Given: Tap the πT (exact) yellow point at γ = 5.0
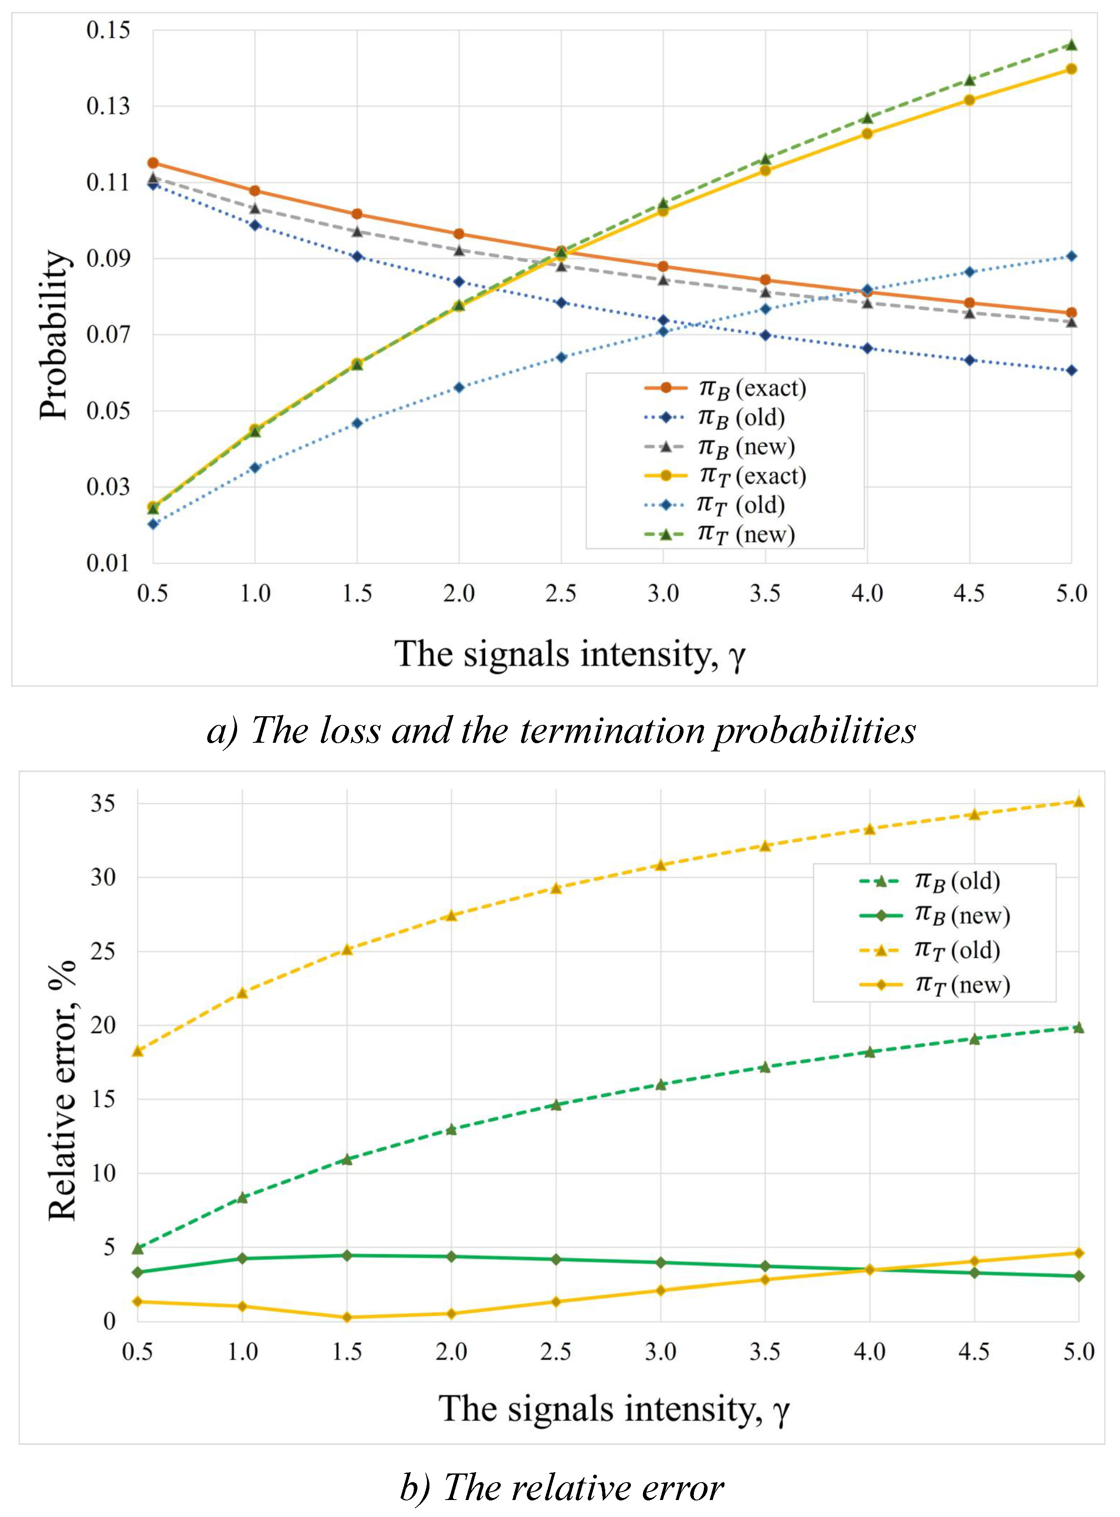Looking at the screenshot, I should click(x=1071, y=68).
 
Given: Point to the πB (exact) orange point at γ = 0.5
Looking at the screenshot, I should click(x=153, y=163).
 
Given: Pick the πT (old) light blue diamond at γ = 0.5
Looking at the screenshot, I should click(x=153, y=523).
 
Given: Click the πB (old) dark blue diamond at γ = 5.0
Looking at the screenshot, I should click(x=1071, y=370).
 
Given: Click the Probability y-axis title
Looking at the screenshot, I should click(x=54, y=335).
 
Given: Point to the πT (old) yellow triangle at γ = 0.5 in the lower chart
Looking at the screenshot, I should click(x=138, y=1051).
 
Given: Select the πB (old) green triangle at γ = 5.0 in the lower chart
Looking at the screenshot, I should click(x=1079, y=1027).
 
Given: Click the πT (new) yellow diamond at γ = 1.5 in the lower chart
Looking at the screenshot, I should click(x=347, y=1318).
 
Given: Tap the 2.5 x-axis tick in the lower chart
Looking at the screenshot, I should click(x=555, y=1352).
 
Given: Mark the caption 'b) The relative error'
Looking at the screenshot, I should click(x=561, y=1488).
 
